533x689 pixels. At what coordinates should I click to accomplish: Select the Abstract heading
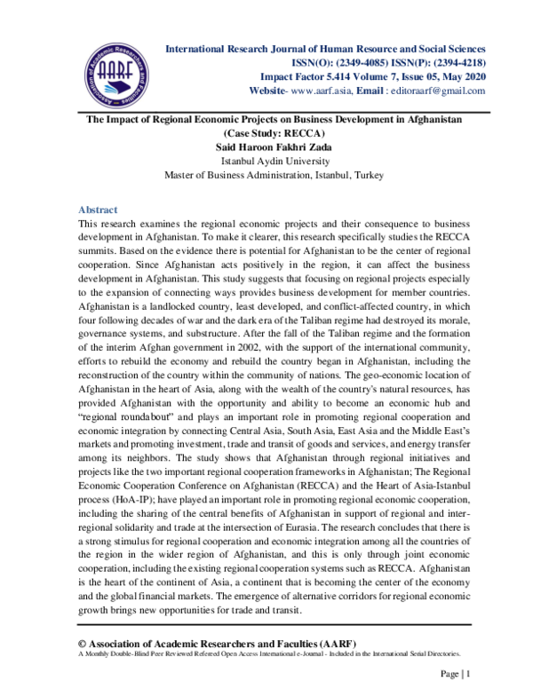[x=98, y=210]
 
